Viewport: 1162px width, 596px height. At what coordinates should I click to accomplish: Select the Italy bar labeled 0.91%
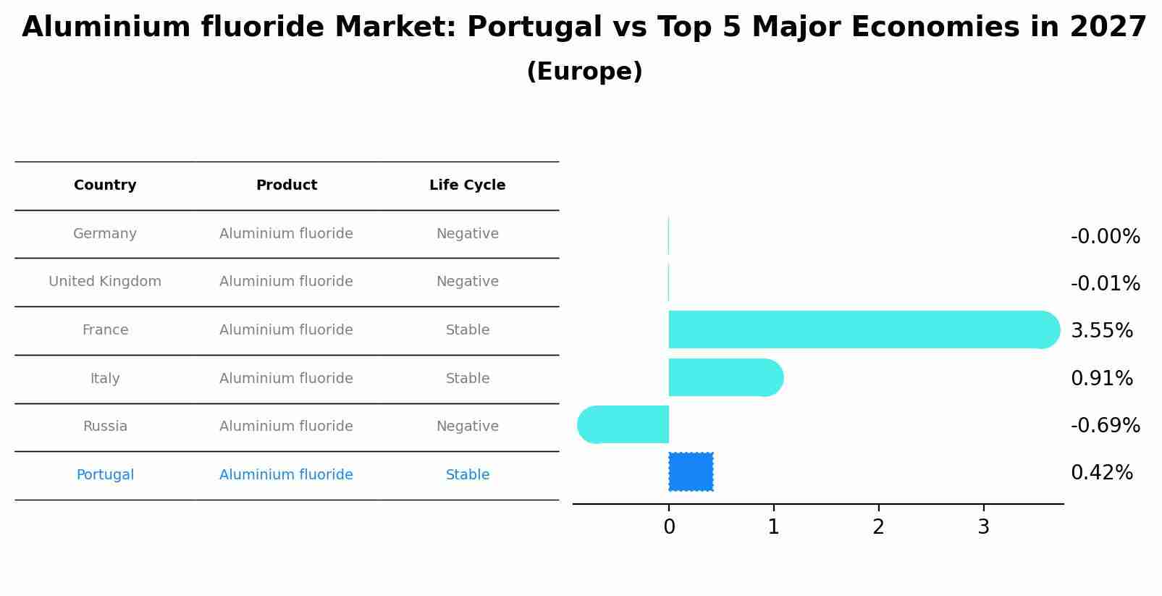click(724, 377)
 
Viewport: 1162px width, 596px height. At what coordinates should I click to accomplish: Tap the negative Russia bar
click(624, 424)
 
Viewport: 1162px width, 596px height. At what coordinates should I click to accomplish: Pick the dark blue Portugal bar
click(691, 471)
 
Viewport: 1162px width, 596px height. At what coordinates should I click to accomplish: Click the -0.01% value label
click(1105, 283)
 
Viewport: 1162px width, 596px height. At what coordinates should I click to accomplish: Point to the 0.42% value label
click(1101, 473)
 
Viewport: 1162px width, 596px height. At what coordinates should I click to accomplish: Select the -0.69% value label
click(1105, 425)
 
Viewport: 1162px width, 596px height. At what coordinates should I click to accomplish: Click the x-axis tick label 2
click(878, 527)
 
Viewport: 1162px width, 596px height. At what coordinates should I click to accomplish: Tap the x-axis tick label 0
click(669, 527)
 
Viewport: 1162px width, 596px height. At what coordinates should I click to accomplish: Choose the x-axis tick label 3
click(983, 527)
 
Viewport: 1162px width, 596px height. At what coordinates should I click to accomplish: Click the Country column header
click(105, 185)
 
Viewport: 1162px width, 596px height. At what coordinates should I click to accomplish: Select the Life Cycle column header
click(467, 185)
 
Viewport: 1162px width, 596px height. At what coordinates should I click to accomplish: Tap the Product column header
click(286, 185)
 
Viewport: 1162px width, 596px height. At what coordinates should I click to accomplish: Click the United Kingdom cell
click(105, 282)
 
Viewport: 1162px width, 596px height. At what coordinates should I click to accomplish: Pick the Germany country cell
click(105, 234)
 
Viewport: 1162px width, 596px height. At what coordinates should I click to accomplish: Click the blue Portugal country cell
click(105, 475)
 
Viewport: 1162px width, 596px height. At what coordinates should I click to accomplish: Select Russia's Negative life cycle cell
click(467, 427)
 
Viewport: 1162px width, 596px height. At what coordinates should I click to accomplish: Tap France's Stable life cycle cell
click(467, 330)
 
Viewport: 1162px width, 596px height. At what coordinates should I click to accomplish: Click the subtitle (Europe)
click(584, 72)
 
